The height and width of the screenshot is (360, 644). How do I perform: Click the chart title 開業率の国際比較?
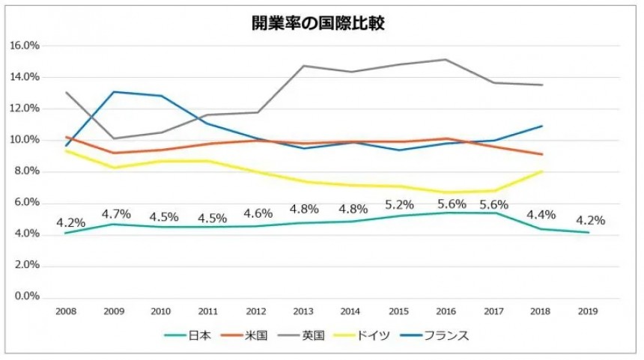[319, 23]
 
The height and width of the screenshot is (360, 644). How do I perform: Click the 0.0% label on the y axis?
[26, 297]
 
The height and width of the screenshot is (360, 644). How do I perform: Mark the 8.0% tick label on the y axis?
[26, 171]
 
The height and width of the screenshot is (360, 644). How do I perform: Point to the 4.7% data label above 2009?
[115, 214]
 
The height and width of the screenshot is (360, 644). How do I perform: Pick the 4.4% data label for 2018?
[541, 216]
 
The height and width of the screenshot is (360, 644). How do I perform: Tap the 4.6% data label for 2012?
[258, 213]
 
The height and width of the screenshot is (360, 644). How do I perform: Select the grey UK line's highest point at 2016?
[446, 59]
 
